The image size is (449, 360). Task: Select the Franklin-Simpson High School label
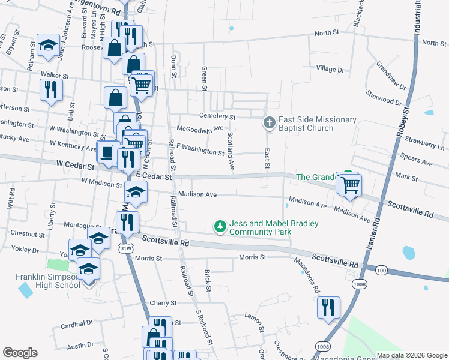click(47, 281)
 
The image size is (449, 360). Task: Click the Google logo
click(20, 353)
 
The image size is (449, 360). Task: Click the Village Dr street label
click(330, 70)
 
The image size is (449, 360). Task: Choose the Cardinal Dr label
click(77, 325)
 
